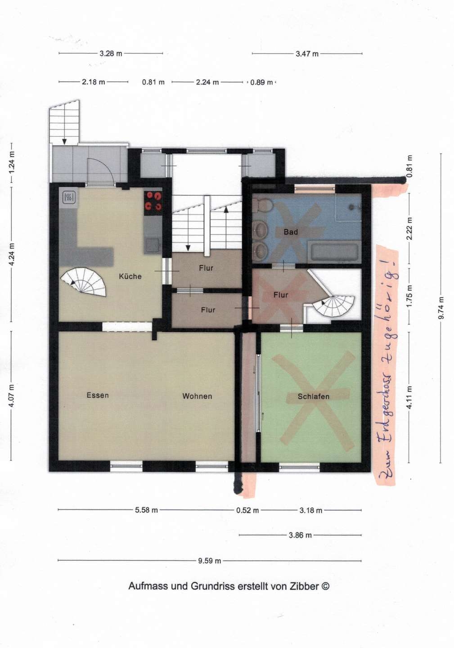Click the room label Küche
tap(130, 276)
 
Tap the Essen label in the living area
tap(98, 395)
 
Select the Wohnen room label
tap(197, 396)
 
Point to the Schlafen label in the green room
tap(314, 396)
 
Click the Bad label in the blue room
tap(291, 232)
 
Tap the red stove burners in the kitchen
tap(153, 201)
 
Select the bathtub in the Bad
tap(335, 252)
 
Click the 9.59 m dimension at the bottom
tap(210, 561)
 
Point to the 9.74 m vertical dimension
tap(441, 308)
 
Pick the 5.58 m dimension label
tap(147, 510)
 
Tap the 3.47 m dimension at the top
tap(307, 54)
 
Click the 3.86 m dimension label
tap(300, 535)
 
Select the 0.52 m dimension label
tap(247, 510)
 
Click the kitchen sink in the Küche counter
tap(152, 245)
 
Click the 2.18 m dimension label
tap(94, 82)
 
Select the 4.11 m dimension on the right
tap(409, 397)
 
